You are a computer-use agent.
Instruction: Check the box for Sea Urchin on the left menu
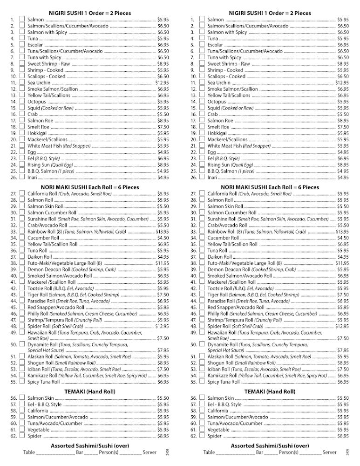point(22,82)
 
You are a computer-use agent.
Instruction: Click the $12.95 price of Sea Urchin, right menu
point(342,82)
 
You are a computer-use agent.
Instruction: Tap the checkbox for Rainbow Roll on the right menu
point(202,231)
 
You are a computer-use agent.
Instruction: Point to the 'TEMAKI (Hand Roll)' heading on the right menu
point(270,391)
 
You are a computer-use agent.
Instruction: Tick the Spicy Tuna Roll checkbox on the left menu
point(22,381)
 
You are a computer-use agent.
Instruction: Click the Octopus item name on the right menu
point(217,102)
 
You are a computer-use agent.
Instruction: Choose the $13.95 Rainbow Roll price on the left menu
point(162,231)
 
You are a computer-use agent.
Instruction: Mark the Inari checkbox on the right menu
point(202,177)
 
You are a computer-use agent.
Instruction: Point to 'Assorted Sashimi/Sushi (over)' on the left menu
point(90,445)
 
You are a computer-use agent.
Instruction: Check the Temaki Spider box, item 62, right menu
point(202,436)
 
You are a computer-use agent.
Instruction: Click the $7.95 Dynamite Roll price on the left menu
point(163,349)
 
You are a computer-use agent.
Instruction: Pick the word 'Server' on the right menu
point(329,452)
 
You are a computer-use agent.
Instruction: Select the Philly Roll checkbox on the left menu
point(22,314)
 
